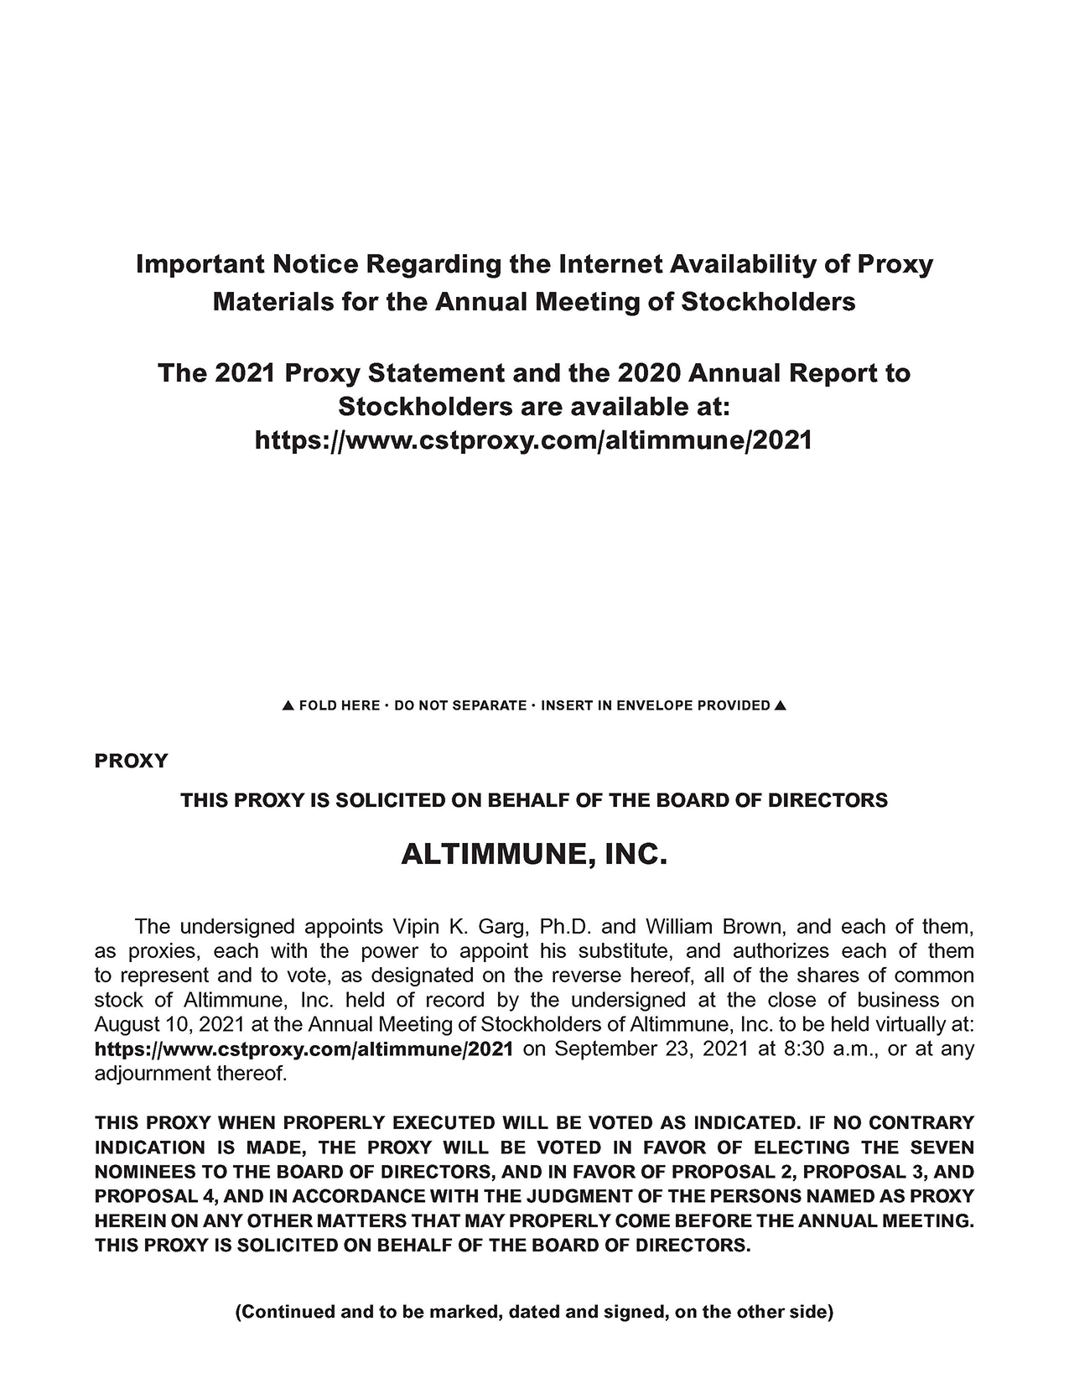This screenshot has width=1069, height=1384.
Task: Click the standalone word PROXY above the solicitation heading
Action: pos(132,762)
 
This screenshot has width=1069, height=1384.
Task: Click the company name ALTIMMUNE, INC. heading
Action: pos(534,855)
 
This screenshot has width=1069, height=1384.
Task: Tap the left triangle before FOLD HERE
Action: pos(288,706)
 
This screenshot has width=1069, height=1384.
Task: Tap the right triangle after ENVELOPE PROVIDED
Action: pos(781,705)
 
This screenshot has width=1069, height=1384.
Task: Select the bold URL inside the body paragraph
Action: pos(304,1049)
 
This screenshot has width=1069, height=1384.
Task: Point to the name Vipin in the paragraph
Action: pos(413,927)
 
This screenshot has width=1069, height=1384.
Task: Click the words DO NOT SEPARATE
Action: pos(459,706)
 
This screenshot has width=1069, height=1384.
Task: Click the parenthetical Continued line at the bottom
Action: pos(534,1313)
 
